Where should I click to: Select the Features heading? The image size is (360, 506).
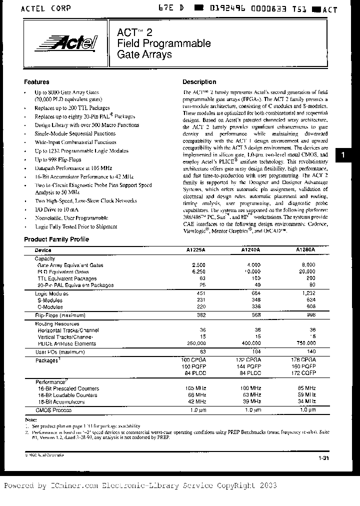coord(36,82)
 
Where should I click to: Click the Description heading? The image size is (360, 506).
coord(199,82)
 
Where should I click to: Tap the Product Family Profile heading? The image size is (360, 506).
coord(56,239)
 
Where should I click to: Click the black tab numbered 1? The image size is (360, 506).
coord(342,155)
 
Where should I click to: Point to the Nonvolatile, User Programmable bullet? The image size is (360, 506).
coord(71,218)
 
